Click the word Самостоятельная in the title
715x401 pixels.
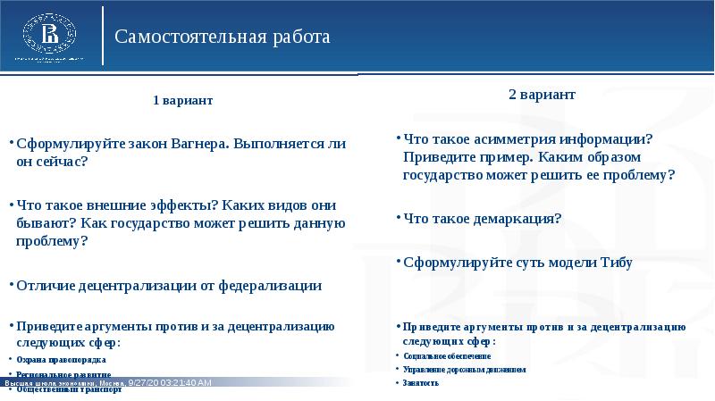click(191, 38)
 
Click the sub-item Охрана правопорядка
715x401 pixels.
click(55, 360)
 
